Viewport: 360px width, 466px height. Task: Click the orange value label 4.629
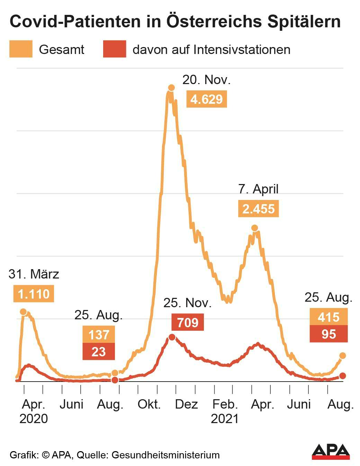(x=207, y=99)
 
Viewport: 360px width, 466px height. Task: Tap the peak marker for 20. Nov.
(x=171, y=88)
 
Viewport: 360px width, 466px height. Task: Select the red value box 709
(x=188, y=322)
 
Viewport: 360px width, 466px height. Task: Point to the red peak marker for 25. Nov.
(x=172, y=337)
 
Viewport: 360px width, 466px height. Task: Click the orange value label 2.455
(x=258, y=209)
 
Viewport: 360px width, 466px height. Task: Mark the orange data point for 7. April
(x=254, y=228)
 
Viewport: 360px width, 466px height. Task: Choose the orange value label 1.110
(x=34, y=294)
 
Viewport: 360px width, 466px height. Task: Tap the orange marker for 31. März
(x=23, y=312)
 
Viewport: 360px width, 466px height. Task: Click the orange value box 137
(x=99, y=335)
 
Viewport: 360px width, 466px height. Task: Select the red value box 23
(x=99, y=351)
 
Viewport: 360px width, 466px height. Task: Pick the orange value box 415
(x=328, y=317)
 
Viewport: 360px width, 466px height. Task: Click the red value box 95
(x=328, y=334)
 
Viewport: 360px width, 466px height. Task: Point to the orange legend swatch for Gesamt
(x=21, y=49)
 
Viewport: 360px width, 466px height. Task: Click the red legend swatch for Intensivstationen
(x=115, y=49)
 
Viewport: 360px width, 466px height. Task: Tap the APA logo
(x=331, y=451)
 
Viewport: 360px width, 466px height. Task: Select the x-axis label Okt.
(x=149, y=404)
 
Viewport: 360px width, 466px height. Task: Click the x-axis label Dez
(x=186, y=404)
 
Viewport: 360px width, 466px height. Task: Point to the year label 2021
(x=225, y=419)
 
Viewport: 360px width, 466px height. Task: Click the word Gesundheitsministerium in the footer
(x=165, y=455)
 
